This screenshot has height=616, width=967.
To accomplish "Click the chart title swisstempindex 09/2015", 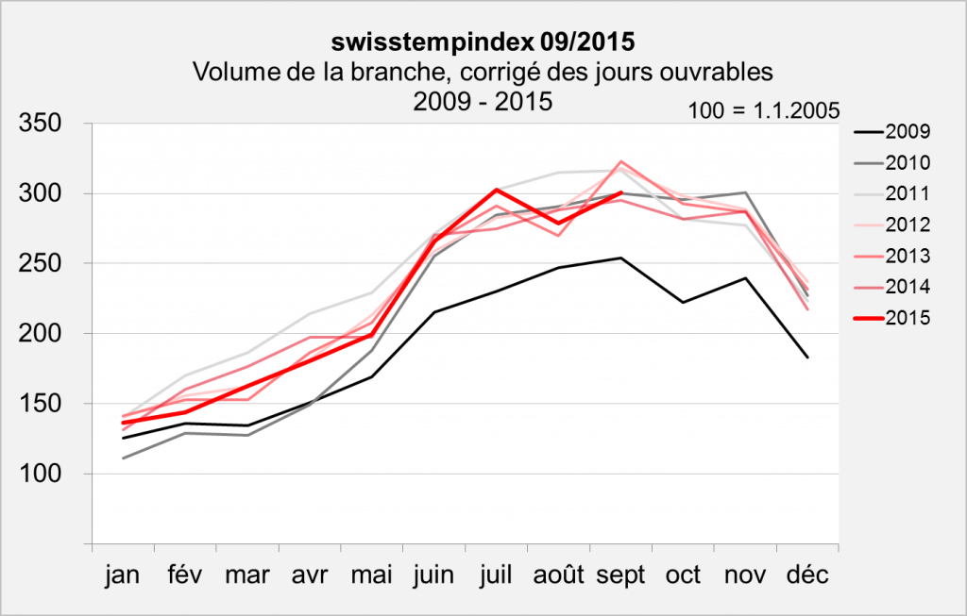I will pyautogui.click(x=483, y=42).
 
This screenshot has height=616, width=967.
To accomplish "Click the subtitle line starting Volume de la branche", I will pyautogui.click(x=483, y=71).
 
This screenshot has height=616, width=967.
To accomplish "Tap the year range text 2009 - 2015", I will pyautogui.click(x=483, y=100).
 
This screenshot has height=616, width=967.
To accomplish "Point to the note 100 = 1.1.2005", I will pyautogui.click(x=765, y=108).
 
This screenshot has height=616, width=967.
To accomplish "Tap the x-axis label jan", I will pyautogui.click(x=123, y=574).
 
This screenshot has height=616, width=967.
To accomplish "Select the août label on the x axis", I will pyautogui.click(x=558, y=574).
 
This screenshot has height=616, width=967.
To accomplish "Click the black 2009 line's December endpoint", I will pyautogui.click(x=807, y=358).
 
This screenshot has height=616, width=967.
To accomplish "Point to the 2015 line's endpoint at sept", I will pyautogui.click(x=620, y=192).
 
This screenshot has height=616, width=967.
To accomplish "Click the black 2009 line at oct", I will pyautogui.click(x=683, y=303).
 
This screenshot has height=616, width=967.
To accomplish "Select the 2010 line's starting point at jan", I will pyautogui.click(x=123, y=458).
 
